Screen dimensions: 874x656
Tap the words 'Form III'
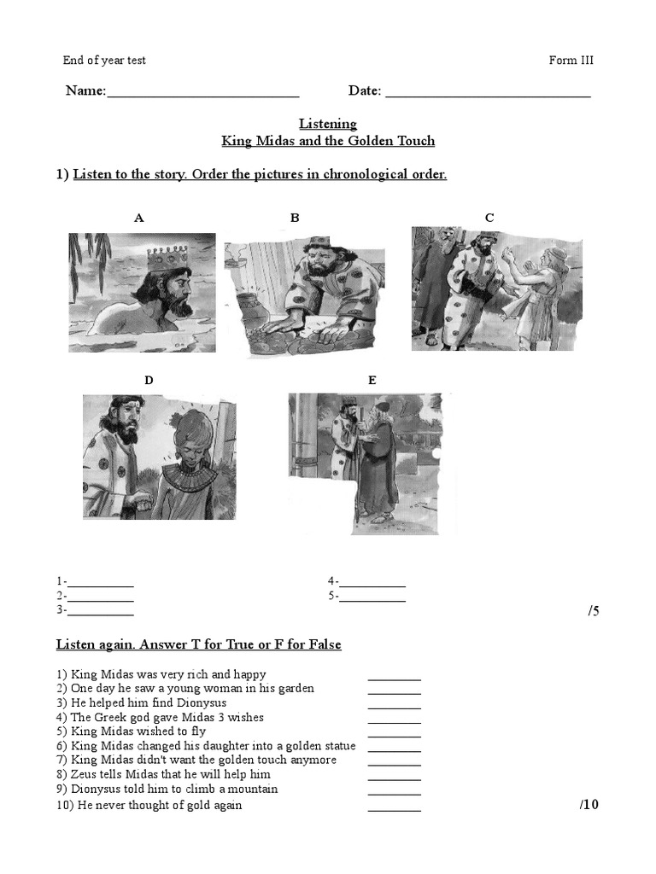click(x=571, y=61)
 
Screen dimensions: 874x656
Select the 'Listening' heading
click(x=328, y=124)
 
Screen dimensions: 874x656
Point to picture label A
click(x=139, y=218)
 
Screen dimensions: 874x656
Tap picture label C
click(x=489, y=218)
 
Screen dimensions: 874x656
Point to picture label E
click(x=372, y=381)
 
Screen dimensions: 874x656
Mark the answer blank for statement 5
click(x=395, y=734)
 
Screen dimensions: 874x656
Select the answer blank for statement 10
click(x=395, y=807)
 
